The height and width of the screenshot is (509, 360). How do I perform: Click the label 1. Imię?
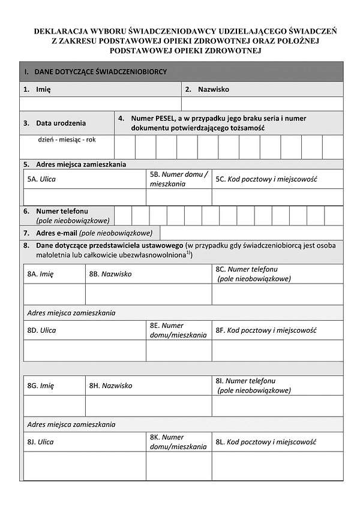[37, 89]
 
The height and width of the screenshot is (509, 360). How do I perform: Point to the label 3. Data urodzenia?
[55, 123]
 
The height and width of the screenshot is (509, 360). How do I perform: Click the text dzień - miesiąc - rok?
[67, 140]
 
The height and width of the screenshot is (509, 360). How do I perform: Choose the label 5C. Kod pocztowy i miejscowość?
[266, 179]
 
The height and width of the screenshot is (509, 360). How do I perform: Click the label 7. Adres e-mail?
[88, 233]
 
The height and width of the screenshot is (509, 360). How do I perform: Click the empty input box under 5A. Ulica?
[84, 197]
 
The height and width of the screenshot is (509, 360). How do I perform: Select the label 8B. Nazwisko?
[110, 273]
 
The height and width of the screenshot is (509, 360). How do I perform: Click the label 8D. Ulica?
[41, 330]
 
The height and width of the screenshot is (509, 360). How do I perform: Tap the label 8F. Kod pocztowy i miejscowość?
[266, 330]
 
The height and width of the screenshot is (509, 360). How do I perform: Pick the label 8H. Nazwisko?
[110, 385]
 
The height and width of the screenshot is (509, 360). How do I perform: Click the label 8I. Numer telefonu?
[246, 381]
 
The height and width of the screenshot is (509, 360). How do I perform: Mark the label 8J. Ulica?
[41, 442]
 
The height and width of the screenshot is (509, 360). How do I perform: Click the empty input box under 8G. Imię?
[54, 405]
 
